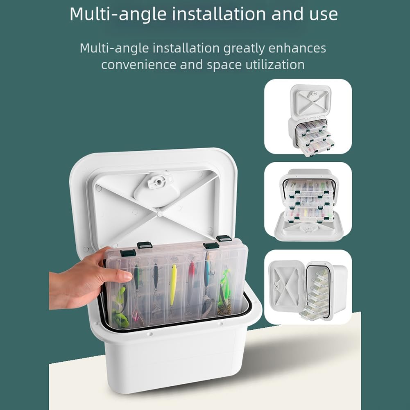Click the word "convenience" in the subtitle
click(138, 65)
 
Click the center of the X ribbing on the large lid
click(160, 214)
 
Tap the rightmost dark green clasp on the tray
click(224, 238)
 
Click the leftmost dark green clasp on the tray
click(128, 253)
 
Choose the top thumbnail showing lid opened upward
click(308, 116)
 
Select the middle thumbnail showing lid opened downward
click(308, 202)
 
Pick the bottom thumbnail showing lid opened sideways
click(308, 287)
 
